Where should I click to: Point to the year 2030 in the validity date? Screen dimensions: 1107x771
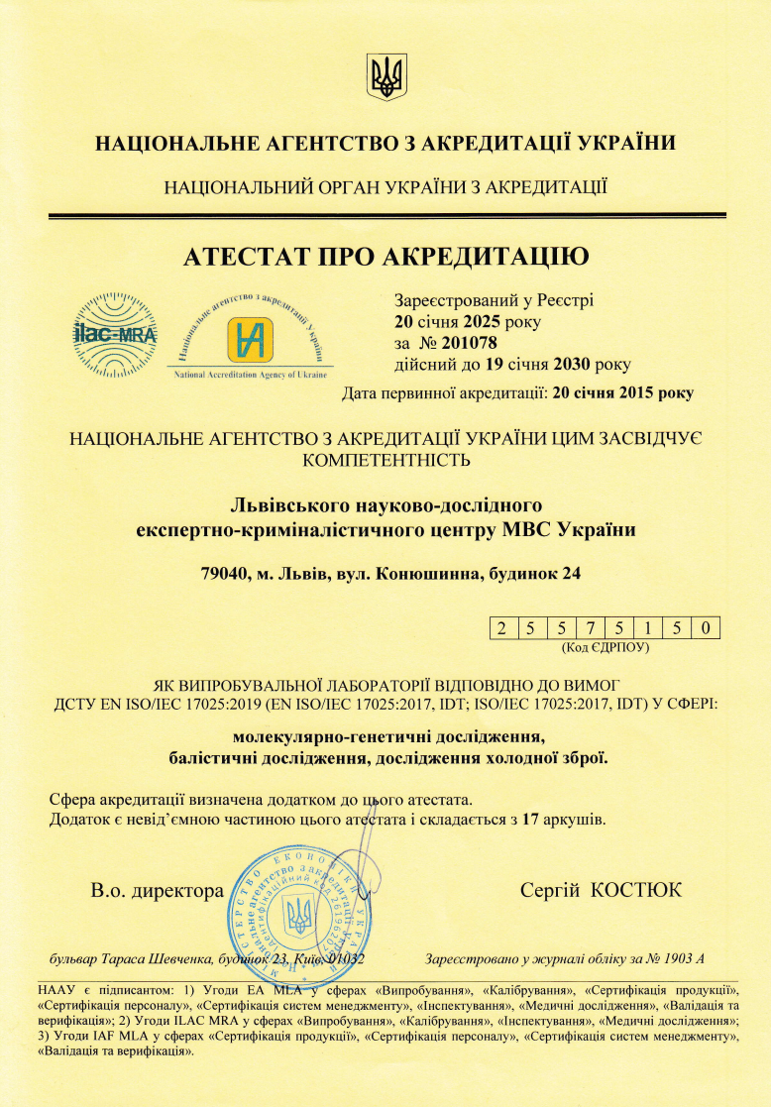558,365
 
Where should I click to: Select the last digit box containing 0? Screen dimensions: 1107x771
705,627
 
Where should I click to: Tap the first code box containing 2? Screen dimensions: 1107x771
502,627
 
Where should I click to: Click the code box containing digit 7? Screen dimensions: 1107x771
589,627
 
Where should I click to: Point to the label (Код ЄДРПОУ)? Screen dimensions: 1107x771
605,647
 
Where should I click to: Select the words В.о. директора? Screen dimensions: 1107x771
158,890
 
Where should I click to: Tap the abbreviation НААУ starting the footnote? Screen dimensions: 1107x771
56,989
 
